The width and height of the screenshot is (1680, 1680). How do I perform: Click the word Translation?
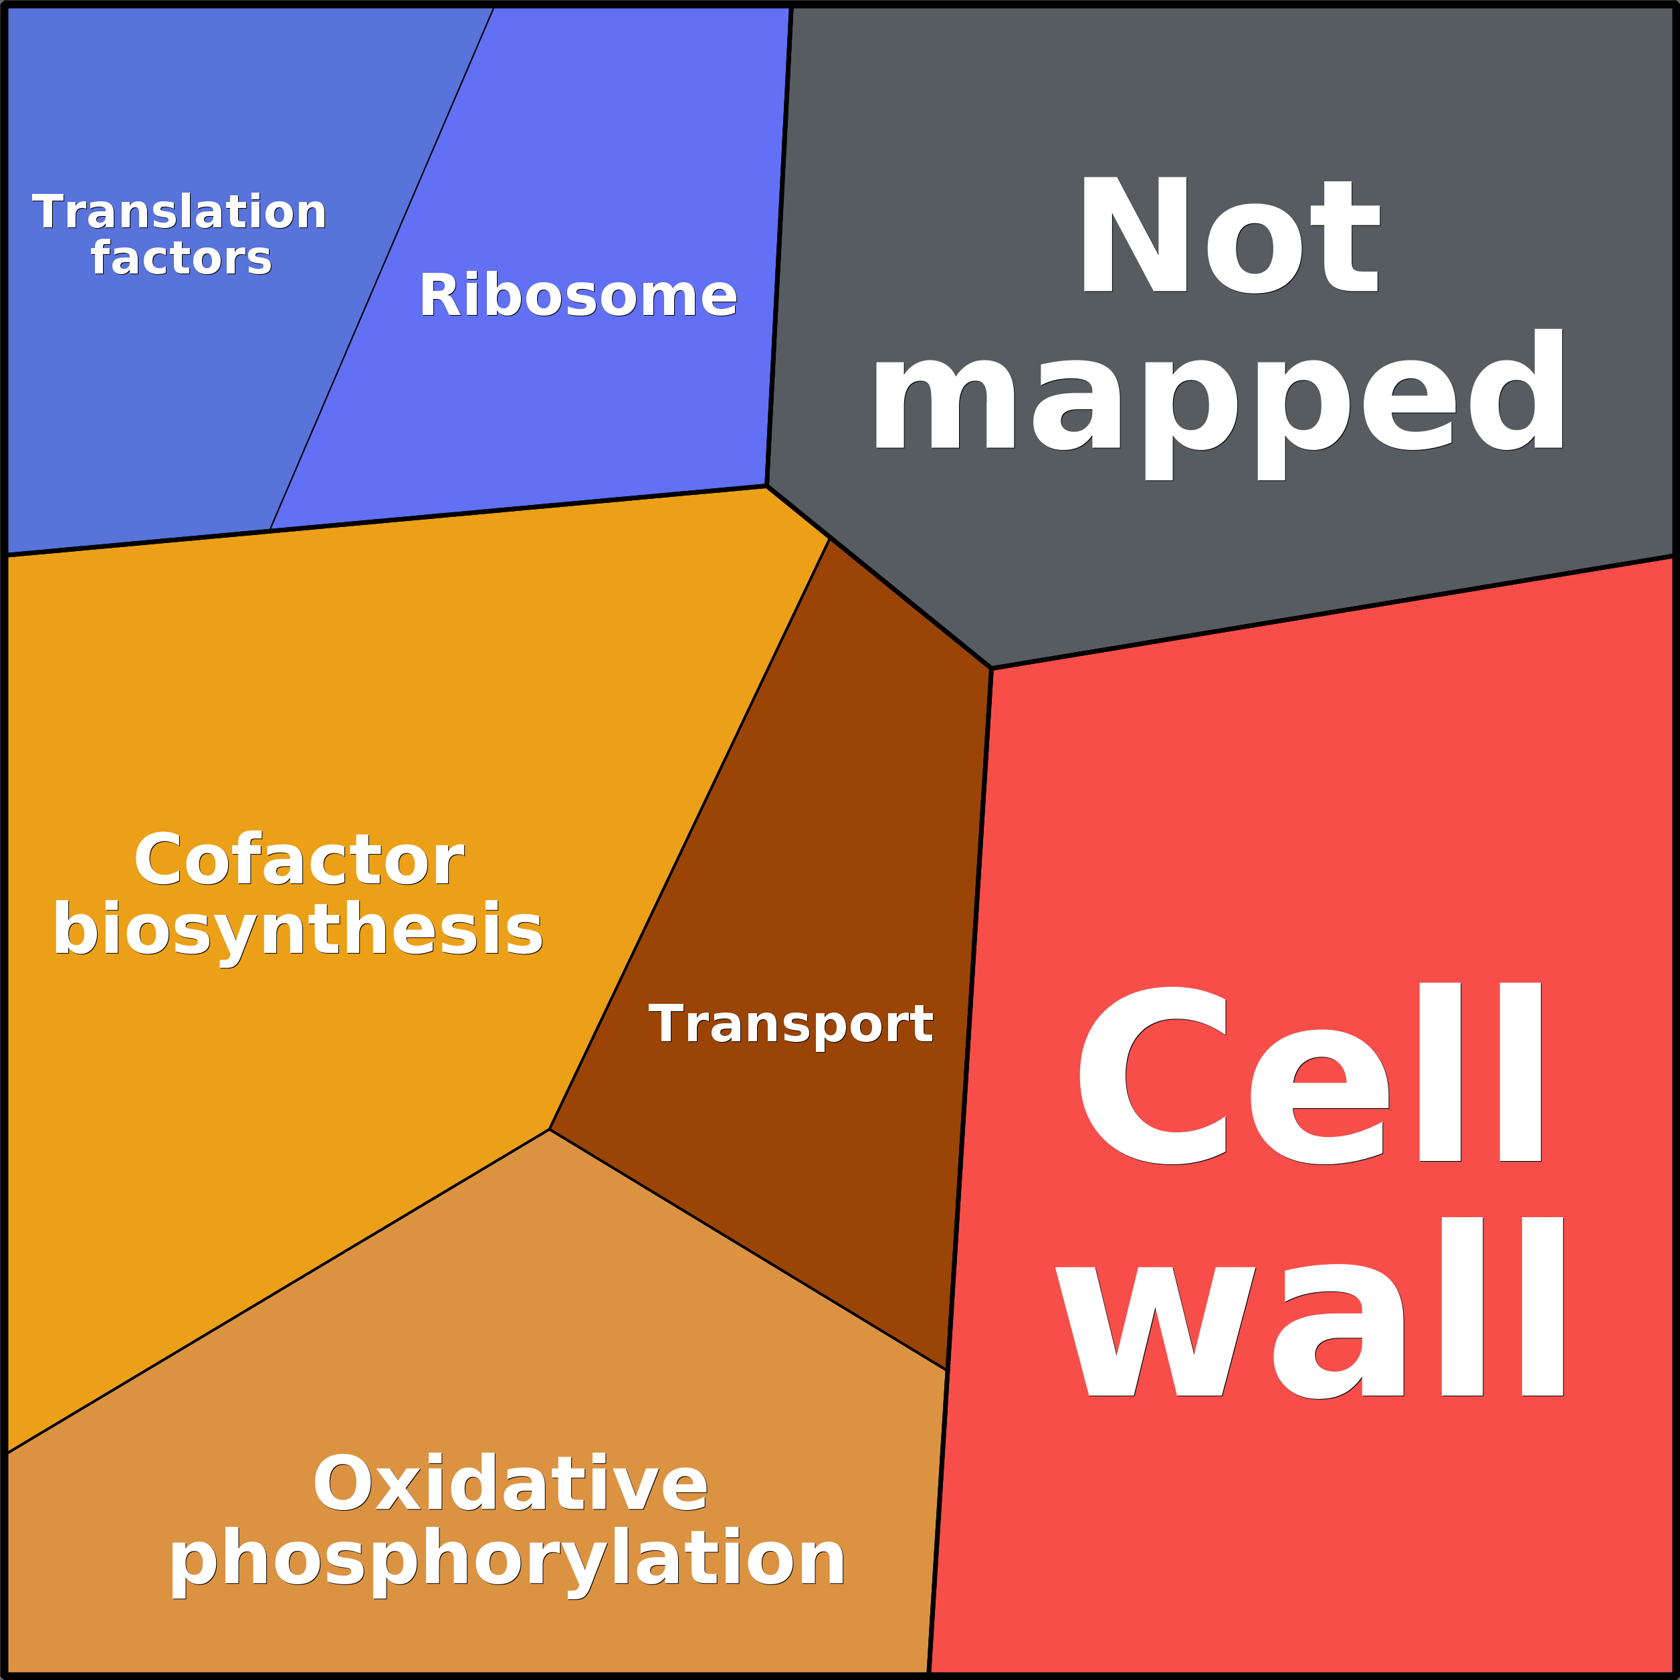[x=179, y=213]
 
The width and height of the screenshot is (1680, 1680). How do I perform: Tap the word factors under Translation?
[x=181, y=258]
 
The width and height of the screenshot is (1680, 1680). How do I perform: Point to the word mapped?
[x=1217, y=405]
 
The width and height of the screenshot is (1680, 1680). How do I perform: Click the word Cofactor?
[x=298, y=860]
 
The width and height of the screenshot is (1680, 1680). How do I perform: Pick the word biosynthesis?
[x=298, y=930]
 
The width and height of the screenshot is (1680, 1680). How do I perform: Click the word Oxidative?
[x=510, y=1484]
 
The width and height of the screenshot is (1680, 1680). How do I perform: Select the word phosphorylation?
[x=507, y=1559]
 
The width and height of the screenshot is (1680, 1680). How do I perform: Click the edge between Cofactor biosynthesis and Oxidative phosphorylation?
[x=278, y=1291]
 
